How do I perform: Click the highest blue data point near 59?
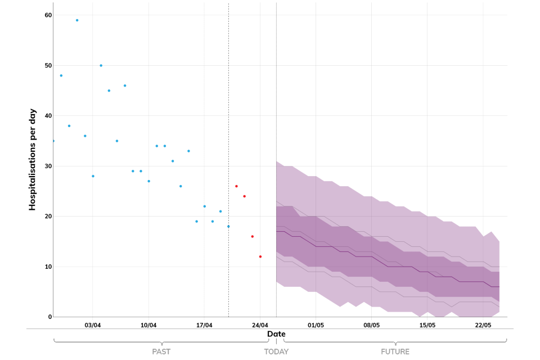click(77, 20)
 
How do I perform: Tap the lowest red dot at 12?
click(260, 256)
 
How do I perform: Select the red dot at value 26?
click(236, 186)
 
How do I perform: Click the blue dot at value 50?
click(101, 65)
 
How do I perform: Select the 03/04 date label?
click(93, 325)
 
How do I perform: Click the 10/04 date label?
click(148, 325)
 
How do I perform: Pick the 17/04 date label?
click(204, 325)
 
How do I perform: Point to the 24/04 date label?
click(260, 325)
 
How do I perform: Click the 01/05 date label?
click(316, 325)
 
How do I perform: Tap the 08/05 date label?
click(371, 325)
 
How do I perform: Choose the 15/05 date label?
click(427, 325)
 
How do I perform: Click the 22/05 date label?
click(483, 325)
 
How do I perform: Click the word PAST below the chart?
click(161, 352)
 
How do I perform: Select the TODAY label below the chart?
click(276, 352)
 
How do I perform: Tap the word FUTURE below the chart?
click(395, 352)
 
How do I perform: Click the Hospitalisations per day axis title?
click(33, 160)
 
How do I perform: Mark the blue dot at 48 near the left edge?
click(61, 75)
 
